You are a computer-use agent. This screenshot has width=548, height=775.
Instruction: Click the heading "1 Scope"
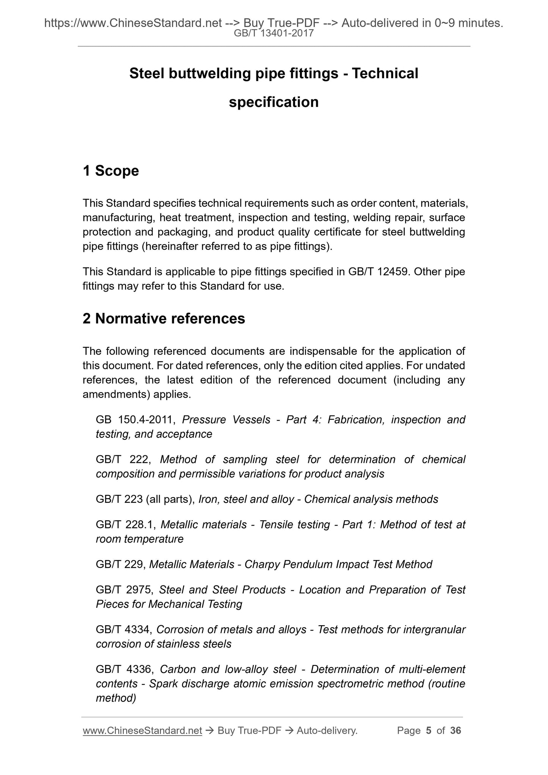(x=111, y=171)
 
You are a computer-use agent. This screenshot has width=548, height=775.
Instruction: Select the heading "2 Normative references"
(x=164, y=318)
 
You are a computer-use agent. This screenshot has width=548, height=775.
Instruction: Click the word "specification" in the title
(x=274, y=102)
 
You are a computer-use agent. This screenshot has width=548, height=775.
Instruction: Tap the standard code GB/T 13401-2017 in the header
(x=274, y=33)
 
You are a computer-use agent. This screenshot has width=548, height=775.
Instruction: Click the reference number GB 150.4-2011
(x=135, y=420)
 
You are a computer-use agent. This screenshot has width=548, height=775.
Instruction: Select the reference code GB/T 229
(x=120, y=565)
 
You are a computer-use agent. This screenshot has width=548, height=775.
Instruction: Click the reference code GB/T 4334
(x=124, y=630)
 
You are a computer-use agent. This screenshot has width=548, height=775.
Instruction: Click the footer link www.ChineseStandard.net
(x=142, y=731)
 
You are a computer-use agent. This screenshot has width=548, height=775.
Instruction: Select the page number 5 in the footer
(x=429, y=731)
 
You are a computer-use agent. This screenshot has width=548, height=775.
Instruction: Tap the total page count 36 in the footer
(x=455, y=731)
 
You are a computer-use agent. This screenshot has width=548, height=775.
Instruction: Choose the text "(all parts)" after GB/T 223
(x=170, y=499)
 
